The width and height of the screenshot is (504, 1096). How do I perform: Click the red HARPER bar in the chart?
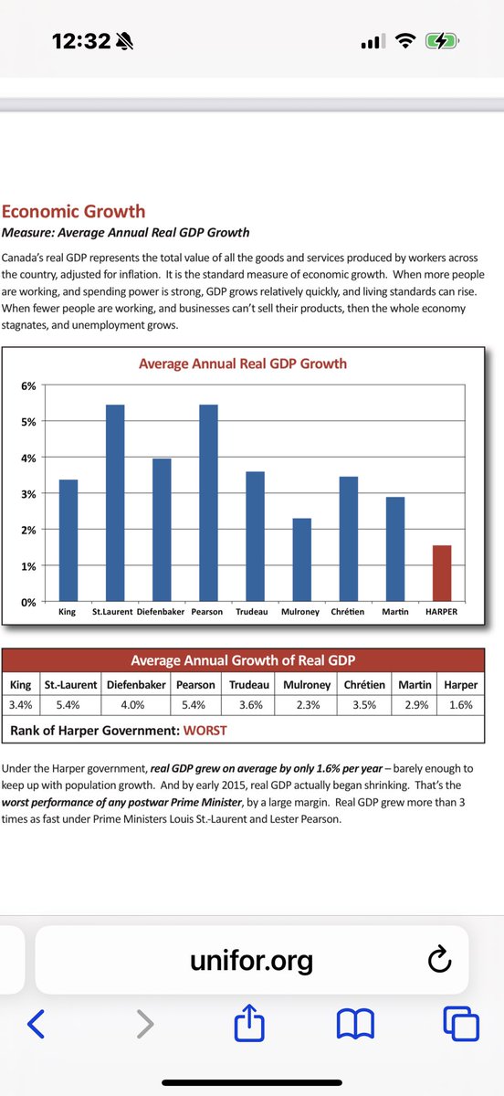(442, 573)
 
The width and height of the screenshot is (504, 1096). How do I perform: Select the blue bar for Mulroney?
(302, 560)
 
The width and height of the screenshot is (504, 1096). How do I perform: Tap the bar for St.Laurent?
(115, 503)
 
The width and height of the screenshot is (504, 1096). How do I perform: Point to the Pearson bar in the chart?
(208, 503)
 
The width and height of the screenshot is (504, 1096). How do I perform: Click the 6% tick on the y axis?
(28, 386)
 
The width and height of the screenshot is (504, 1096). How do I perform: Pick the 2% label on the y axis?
(28, 530)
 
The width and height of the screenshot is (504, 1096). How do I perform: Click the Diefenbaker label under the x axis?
(161, 612)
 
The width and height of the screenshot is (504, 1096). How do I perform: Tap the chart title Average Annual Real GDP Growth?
(243, 364)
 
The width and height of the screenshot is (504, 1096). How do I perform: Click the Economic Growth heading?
(73, 211)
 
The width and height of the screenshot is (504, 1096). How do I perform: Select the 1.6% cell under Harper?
(461, 705)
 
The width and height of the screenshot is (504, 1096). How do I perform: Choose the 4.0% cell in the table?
(132, 705)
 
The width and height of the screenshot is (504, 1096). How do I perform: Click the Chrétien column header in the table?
(364, 684)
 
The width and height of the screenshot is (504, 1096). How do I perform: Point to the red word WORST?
(205, 731)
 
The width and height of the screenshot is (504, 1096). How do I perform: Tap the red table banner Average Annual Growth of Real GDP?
(243, 660)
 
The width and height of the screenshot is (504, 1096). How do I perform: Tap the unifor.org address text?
(251, 961)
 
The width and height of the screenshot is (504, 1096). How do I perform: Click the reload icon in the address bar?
(439, 959)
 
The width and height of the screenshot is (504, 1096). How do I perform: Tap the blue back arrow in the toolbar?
(37, 1023)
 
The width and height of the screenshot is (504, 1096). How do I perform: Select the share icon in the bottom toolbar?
(249, 1022)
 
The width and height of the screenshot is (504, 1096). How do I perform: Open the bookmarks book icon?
(356, 1024)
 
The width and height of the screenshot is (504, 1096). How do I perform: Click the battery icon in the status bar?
(442, 42)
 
